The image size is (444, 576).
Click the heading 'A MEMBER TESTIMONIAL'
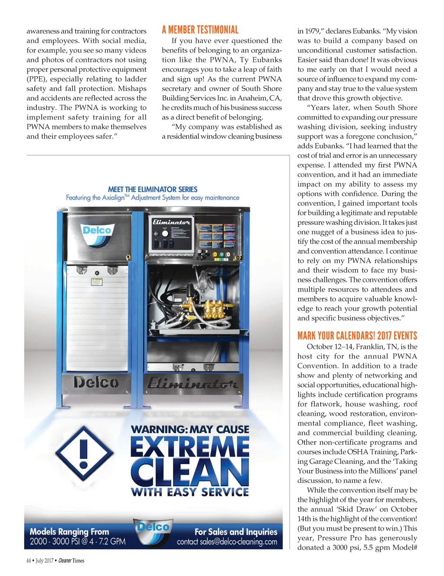click(x=200, y=30)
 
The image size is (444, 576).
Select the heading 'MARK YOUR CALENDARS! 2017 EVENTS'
click(x=357, y=336)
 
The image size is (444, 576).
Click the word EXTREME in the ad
click(x=190, y=447)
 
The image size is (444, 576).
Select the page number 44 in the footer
click(x=29, y=560)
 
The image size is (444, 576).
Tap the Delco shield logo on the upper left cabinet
click(x=97, y=234)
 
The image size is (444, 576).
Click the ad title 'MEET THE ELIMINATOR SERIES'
click(x=153, y=189)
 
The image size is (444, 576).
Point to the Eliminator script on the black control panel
click(x=171, y=222)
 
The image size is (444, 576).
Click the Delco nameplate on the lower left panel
click(x=96, y=382)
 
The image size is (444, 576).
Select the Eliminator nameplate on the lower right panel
click(x=193, y=383)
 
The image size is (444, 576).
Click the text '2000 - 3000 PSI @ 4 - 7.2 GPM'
click(x=78, y=541)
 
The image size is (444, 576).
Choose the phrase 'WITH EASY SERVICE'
click(x=190, y=492)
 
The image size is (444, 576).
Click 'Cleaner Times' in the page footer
click(x=71, y=560)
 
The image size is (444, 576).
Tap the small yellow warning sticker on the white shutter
click(x=97, y=282)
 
